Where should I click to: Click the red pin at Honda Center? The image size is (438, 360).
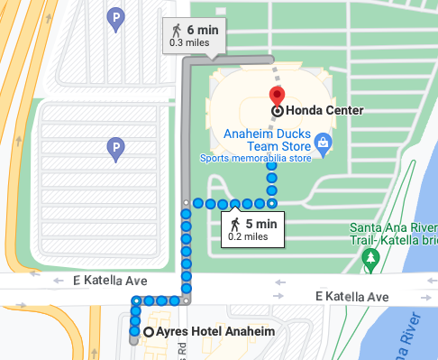(x=277, y=96)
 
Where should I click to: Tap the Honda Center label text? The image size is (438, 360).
(x=324, y=111)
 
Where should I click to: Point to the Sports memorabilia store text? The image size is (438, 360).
(x=255, y=160)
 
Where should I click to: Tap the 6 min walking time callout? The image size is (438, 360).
(x=194, y=35)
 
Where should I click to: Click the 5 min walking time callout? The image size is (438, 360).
(x=252, y=229)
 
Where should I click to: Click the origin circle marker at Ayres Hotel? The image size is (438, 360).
(x=149, y=332)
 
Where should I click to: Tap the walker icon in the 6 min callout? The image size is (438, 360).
(x=176, y=30)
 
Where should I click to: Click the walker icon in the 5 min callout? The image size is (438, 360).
(x=234, y=224)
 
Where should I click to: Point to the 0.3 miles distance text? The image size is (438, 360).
(x=188, y=42)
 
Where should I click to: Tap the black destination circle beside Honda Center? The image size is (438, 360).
(x=277, y=111)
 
